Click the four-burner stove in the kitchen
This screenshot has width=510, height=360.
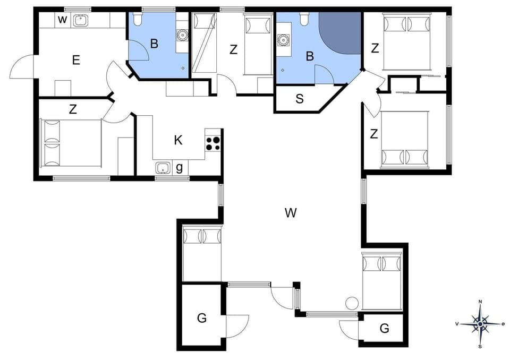(213, 143)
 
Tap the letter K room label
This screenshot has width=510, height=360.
(178, 140)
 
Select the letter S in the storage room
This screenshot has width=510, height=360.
(300, 99)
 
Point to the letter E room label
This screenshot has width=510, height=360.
(76, 60)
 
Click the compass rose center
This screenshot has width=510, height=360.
(480, 323)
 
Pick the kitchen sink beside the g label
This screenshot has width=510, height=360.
(163, 168)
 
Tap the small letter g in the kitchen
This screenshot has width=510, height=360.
(180, 168)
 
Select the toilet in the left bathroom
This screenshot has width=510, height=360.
(138, 20)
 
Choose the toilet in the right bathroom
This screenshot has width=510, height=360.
(304, 20)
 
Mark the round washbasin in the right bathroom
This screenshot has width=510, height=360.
(283, 40)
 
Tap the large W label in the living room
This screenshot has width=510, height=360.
(290, 213)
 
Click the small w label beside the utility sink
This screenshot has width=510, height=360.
(62, 20)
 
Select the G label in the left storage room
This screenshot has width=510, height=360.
(201, 318)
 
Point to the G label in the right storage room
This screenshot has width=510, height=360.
(384, 329)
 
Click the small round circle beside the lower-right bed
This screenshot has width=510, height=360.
(352, 303)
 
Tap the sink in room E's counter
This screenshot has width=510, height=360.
(81, 21)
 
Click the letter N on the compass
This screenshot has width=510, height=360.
(480, 302)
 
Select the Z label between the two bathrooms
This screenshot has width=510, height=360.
(233, 49)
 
